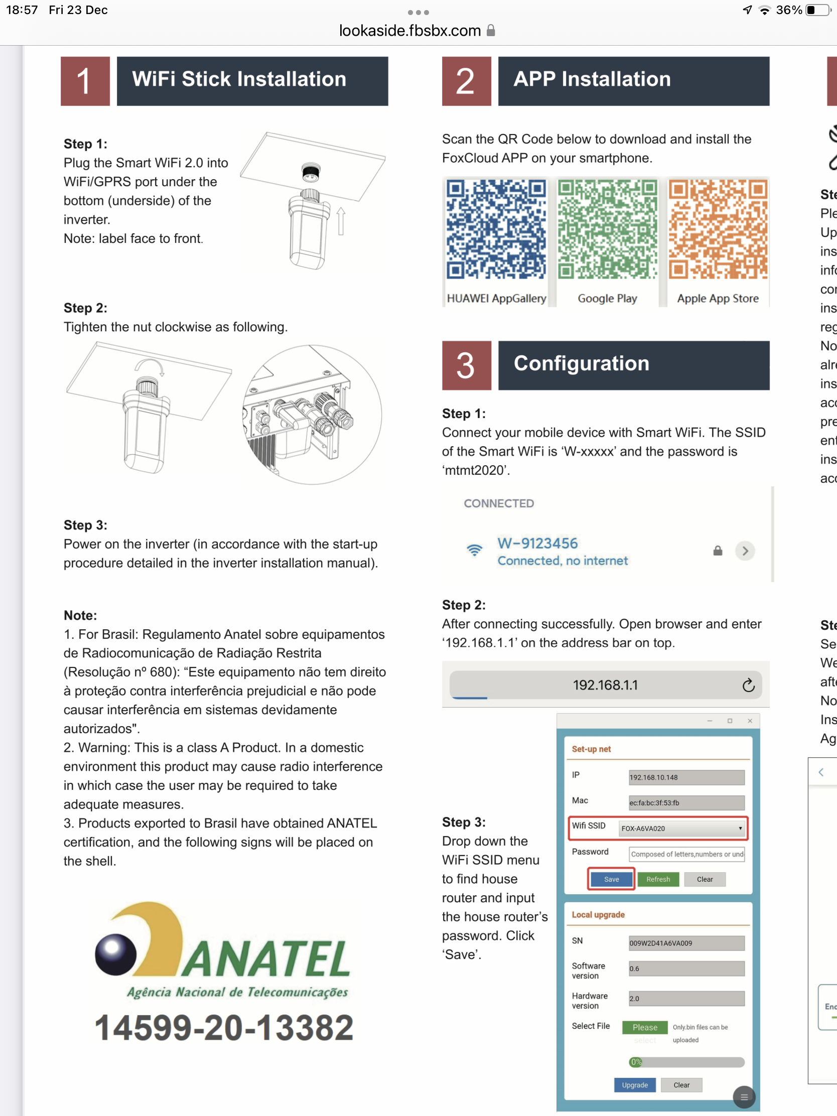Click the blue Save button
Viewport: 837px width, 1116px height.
pyautogui.click(x=611, y=879)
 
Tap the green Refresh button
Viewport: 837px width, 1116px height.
pyautogui.click(x=658, y=879)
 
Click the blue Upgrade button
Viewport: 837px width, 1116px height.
pyautogui.click(x=634, y=1085)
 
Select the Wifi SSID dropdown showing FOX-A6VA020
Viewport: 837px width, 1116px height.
pyautogui.click(x=681, y=828)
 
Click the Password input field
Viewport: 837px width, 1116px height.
pyautogui.click(x=686, y=854)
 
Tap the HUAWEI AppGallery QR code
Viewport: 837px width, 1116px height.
pyautogui.click(x=495, y=229)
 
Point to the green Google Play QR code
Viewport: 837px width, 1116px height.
pyautogui.click(x=607, y=229)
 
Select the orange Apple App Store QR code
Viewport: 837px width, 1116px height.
pyautogui.click(x=718, y=229)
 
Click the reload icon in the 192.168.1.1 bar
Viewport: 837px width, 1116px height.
pyautogui.click(x=748, y=684)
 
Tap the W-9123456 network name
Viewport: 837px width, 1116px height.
pyautogui.click(x=537, y=543)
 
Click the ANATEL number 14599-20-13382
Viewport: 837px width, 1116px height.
pyautogui.click(x=224, y=1028)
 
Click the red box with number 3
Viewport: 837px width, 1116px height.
pyautogui.click(x=466, y=365)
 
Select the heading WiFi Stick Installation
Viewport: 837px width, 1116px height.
pyautogui.click(x=239, y=79)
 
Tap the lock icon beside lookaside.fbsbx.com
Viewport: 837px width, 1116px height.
pyautogui.click(x=491, y=31)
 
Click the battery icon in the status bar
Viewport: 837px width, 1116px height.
pyautogui.click(x=817, y=10)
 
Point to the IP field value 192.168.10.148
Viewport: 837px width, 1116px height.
pyautogui.click(x=686, y=777)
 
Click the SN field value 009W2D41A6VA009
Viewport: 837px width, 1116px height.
pyautogui.click(x=686, y=942)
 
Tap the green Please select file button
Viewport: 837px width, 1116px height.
pyautogui.click(x=644, y=1027)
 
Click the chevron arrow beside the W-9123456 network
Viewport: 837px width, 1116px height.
pyautogui.click(x=745, y=550)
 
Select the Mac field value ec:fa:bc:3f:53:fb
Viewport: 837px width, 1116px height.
pyautogui.click(x=686, y=802)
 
